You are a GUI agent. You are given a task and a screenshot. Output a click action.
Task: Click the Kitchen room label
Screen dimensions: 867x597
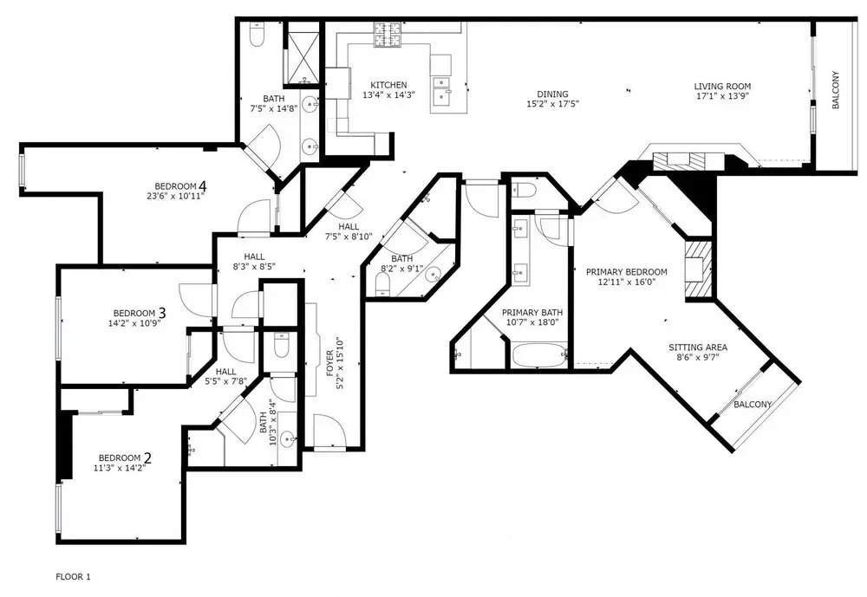(x=388, y=85)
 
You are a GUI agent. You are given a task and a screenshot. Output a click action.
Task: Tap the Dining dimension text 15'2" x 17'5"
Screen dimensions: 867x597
(x=552, y=103)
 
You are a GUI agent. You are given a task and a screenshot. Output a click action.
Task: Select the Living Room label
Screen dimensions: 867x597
(x=722, y=87)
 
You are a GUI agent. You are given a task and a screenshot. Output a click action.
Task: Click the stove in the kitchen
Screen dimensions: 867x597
(x=388, y=35)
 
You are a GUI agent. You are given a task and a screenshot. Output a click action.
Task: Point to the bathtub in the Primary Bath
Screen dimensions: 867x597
(x=538, y=355)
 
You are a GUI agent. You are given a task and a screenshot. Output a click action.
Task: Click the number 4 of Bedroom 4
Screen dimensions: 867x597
(x=203, y=185)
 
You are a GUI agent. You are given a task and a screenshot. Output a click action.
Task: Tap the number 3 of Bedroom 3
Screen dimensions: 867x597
(x=161, y=313)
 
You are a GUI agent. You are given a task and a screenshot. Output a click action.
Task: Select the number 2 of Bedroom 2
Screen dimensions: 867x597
(x=147, y=457)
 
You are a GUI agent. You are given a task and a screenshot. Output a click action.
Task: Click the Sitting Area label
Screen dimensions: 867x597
(x=698, y=347)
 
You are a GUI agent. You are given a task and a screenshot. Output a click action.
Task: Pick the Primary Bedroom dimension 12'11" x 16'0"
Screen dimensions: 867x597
(x=627, y=282)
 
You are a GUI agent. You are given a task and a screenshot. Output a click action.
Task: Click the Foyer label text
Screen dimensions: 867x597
(x=329, y=363)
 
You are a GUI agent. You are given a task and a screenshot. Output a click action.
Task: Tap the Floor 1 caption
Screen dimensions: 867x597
(x=73, y=577)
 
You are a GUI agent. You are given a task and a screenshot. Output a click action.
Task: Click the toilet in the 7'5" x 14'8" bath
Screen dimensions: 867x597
(x=257, y=35)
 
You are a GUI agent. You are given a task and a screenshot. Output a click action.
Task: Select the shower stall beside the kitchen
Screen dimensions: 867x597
(x=302, y=55)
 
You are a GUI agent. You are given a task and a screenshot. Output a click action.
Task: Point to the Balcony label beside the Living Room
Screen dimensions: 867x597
(x=836, y=89)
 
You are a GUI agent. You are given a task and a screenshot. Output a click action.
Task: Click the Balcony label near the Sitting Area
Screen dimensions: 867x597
(x=753, y=405)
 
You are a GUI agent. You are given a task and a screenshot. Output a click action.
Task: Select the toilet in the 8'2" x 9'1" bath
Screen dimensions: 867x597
(x=382, y=283)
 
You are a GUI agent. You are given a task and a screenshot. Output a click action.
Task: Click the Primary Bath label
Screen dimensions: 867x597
(x=532, y=312)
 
